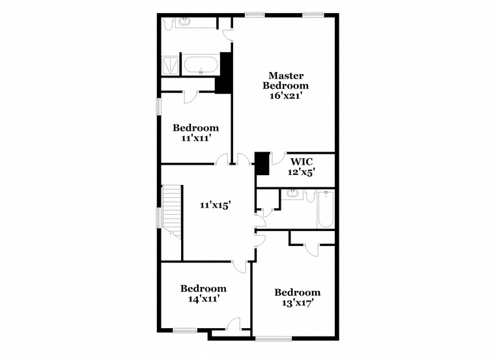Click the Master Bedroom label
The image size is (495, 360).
(x=285, y=81)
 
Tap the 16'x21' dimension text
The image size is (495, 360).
(x=287, y=96)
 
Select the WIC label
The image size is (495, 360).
(x=302, y=161)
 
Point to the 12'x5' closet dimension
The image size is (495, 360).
(x=302, y=172)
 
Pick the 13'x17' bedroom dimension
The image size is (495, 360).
(x=298, y=303)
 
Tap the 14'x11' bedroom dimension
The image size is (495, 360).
(x=204, y=298)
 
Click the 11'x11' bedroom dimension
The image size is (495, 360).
(x=196, y=138)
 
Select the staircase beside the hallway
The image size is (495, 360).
(x=172, y=212)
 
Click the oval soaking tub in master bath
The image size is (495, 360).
(x=201, y=64)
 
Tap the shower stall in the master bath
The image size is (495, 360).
(x=171, y=65)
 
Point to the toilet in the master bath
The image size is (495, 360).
(x=167, y=23)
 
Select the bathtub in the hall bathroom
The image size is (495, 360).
(x=326, y=208)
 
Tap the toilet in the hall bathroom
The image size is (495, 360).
(x=311, y=195)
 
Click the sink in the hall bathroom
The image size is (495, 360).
(x=293, y=193)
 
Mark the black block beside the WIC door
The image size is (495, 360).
(x=262, y=163)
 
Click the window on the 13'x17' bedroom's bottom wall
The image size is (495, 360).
(x=274, y=339)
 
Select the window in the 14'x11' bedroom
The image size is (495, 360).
(x=185, y=330)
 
